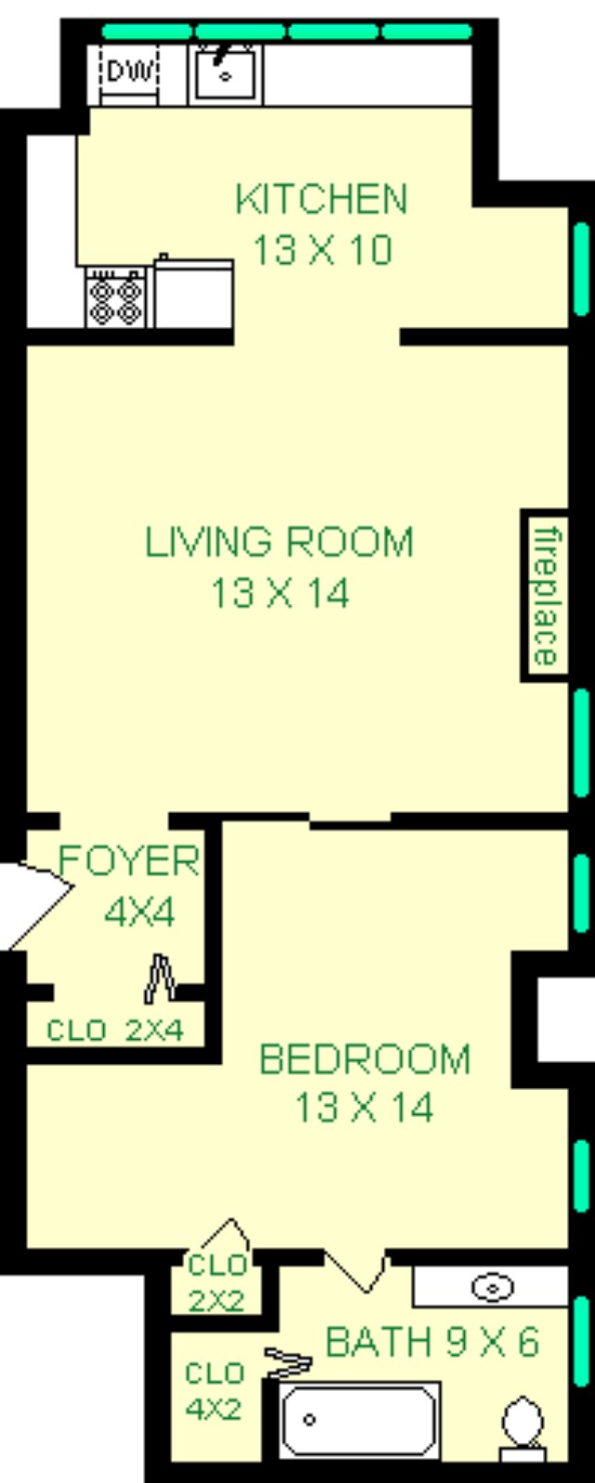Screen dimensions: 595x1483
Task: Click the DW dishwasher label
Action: tap(129, 71)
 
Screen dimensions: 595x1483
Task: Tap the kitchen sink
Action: tap(225, 72)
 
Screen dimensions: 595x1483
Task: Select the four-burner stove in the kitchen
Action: tap(115, 297)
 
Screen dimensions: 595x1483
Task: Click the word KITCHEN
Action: tap(322, 199)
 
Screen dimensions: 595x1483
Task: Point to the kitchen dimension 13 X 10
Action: tap(322, 250)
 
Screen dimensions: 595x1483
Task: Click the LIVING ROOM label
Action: tap(279, 542)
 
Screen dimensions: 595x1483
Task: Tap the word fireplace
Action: tap(546, 595)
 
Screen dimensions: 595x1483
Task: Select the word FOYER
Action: tap(128, 860)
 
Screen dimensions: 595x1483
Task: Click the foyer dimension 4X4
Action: tap(139, 912)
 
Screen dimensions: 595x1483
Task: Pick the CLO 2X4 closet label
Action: tap(115, 1030)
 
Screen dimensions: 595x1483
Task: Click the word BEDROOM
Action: tap(364, 1058)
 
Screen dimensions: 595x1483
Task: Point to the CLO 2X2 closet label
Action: tap(217, 1283)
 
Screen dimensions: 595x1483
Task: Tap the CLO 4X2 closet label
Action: tap(213, 1391)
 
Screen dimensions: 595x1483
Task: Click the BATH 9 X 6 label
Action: tap(432, 1342)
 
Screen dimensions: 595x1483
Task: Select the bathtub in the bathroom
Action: tap(358, 1418)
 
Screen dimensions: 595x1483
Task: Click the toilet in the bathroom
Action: tap(522, 1422)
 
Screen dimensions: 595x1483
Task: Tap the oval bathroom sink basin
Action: tap(493, 1287)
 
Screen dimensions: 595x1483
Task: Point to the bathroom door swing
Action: tap(354, 1270)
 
